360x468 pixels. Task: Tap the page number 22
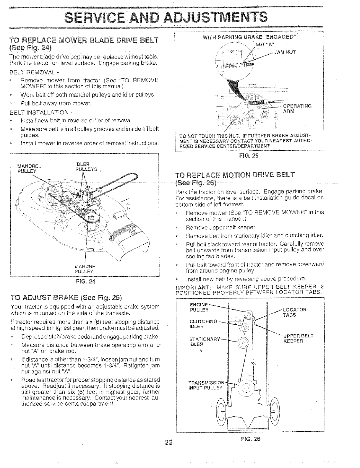point(168,442)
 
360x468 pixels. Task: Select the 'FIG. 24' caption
point(85,281)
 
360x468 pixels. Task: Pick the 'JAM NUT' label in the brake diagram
point(285,53)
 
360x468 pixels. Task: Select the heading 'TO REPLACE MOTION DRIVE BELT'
point(235,175)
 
